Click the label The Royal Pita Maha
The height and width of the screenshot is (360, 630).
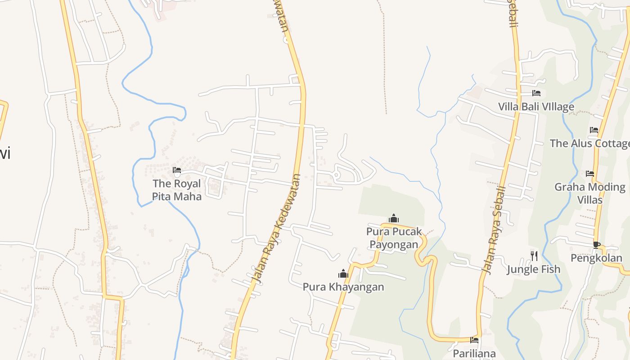(177, 190)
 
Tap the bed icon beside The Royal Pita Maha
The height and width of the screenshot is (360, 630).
(177, 171)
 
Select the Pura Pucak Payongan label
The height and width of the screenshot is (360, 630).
(394, 238)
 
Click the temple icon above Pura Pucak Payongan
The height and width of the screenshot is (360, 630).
(394, 219)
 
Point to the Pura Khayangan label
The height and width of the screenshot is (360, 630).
(343, 287)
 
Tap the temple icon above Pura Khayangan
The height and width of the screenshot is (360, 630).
(343, 274)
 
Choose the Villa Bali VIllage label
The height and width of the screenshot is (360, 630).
(536, 107)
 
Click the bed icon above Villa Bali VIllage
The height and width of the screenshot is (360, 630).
(536, 93)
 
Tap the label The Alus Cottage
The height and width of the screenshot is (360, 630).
(590, 144)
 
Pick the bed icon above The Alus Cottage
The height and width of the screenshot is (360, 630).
(594, 130)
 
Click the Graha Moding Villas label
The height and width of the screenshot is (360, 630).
(589, 193)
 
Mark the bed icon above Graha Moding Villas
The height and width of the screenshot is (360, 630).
(590, 174)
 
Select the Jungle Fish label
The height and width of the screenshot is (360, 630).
(534, 269)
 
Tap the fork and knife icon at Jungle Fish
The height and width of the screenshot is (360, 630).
(534, 256)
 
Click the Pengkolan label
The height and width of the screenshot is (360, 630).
(596, 258)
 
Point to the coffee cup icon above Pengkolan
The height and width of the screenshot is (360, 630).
(596, 245)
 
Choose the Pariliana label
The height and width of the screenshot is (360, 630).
(474, 353)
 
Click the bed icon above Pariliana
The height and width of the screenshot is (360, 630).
(474, 340)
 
